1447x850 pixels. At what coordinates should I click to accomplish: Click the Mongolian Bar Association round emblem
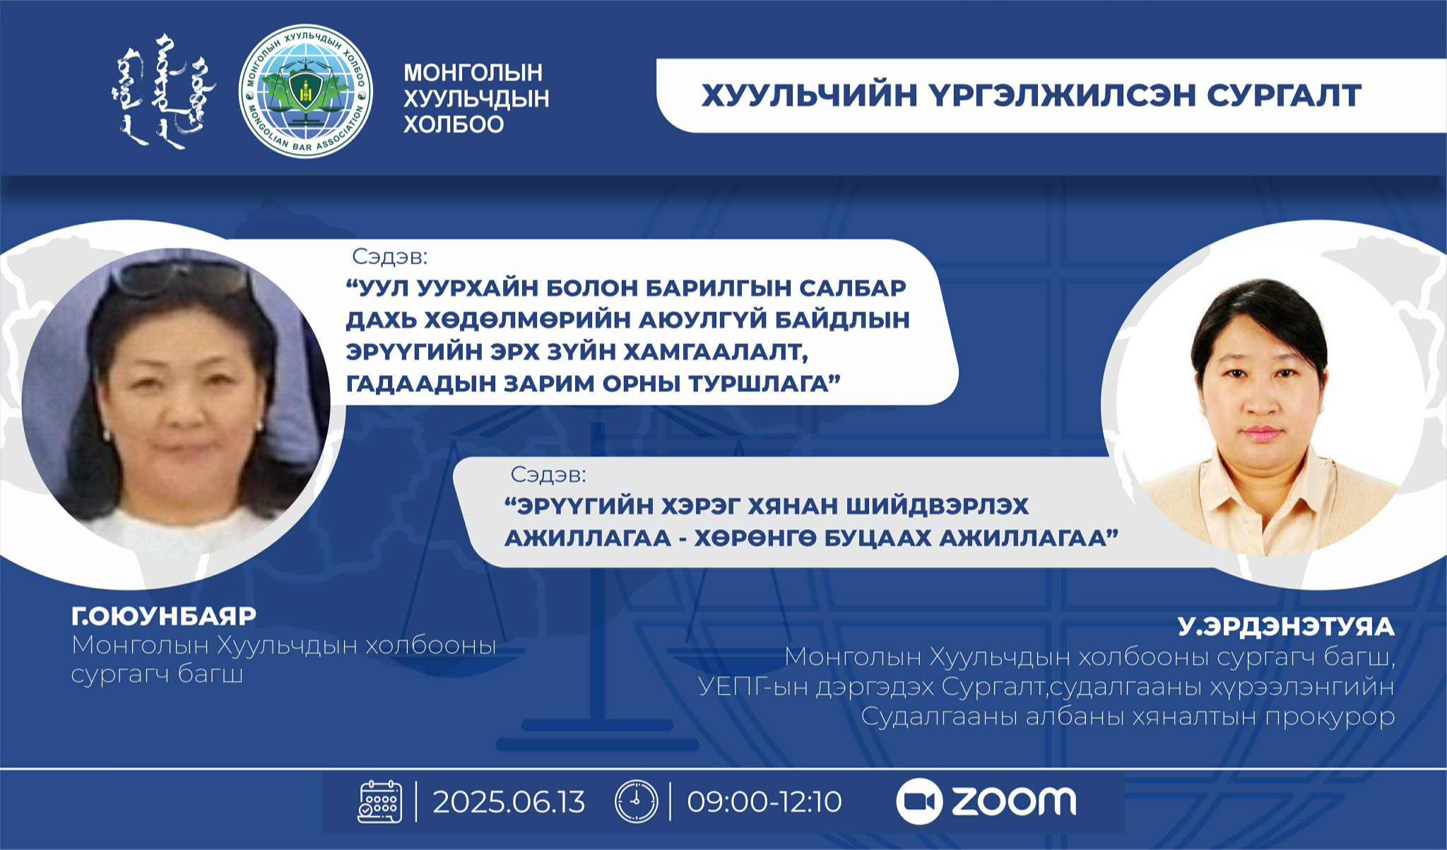pyautogui.click(x=306, y=92)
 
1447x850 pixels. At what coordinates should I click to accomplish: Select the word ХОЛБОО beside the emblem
pyautogui.click(x=454, y=124)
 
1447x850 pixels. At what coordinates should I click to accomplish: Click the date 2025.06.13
pyautogui.click(x=509, y=802)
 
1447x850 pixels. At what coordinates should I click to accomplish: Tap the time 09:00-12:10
pyautogui.click(x=764, y=802)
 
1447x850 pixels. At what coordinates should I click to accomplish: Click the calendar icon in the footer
pyautogui.click(x=380, y=802)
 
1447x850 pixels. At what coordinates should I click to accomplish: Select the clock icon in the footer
pyautogui.click(x=636, y=802)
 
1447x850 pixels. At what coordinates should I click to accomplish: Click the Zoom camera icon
pyautogui.click(x=919, y=801)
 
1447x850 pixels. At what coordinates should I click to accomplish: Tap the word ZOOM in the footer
pyautogui.click(x=1014, y=801)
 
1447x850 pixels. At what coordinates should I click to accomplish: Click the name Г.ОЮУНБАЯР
pyautogui.click(x=164, y=616)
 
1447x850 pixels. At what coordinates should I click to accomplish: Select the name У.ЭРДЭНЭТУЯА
pyautogui.click(x=1286, y=627)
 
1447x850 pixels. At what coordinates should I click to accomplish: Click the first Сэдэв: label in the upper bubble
pyautogui.click(x=390, y=256)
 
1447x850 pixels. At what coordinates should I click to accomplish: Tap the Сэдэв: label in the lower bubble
pyautogui.click(x=548, y=475)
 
